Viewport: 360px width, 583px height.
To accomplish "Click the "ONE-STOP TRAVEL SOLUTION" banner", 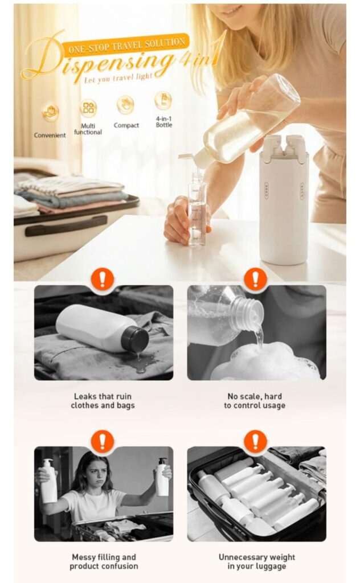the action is point(126,46).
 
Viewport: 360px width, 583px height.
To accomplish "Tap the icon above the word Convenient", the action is point(50,112).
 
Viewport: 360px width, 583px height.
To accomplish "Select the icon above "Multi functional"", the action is point(88,108).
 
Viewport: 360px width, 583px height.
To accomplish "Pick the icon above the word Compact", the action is point(126,105).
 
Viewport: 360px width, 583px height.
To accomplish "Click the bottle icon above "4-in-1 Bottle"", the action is point(163,100).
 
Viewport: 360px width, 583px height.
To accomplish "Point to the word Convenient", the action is point(50,136).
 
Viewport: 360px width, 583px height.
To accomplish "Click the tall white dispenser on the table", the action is point(284,200).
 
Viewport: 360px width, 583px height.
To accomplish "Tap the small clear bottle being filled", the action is point(197,210).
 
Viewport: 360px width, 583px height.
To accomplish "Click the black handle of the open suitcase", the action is point(66,226).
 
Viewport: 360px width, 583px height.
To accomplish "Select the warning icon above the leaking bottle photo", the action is point(103,278).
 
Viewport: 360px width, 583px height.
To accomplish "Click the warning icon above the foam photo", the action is point(256,278).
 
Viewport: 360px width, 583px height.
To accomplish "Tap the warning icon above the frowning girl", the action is point(103,441).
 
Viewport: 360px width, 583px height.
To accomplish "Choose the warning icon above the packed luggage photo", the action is point(256,441).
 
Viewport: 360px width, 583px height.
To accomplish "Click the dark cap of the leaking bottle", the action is point(136,339).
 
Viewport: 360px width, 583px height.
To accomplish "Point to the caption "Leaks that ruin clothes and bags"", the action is point(103,401).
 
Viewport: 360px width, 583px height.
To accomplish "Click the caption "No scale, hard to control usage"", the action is point(255,401).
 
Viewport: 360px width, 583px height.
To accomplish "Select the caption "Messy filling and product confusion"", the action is point(104,561).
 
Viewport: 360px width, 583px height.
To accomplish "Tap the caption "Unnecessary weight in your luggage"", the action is point(256,561).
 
